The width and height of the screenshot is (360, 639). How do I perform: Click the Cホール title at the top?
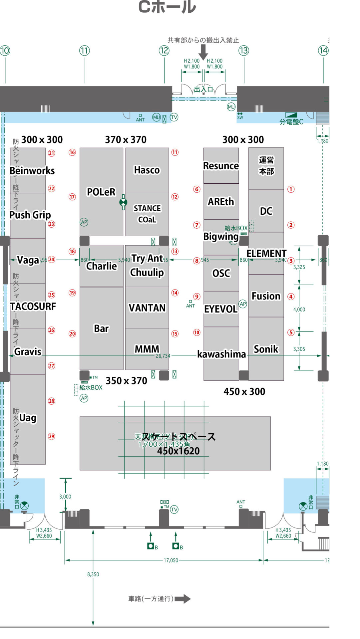pos(167,7)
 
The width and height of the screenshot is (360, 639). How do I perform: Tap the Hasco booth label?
pos(147,170)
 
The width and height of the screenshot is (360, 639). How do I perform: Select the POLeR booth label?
pos(101,192)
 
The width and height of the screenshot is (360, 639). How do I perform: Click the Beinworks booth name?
pos(32,171)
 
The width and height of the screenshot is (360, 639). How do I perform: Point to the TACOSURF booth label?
pos(33,306)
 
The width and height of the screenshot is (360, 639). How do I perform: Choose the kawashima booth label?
pos(221,354)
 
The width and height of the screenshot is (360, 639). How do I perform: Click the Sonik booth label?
pos(266,349)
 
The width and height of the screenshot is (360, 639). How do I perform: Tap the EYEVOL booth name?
pos(221,309)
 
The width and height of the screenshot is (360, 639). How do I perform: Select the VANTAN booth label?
pos(147,308)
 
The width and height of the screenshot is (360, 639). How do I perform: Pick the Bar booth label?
pos(101,328)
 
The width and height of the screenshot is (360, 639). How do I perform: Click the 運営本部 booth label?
pos(266,165)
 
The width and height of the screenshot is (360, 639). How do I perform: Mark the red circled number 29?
pos(52,436)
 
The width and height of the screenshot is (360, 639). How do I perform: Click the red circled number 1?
pos(291,189)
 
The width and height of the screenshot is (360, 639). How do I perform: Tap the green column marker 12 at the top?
pos(164,51)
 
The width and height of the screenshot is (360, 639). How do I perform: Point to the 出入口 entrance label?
pos(203,89)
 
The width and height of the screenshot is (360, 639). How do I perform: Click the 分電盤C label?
pos(291,122)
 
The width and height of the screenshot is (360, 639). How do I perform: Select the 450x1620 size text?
pos(179,451)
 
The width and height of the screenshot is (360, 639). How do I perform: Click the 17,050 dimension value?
pos(171,560)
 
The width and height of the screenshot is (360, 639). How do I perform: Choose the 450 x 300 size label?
pos(244,391)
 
